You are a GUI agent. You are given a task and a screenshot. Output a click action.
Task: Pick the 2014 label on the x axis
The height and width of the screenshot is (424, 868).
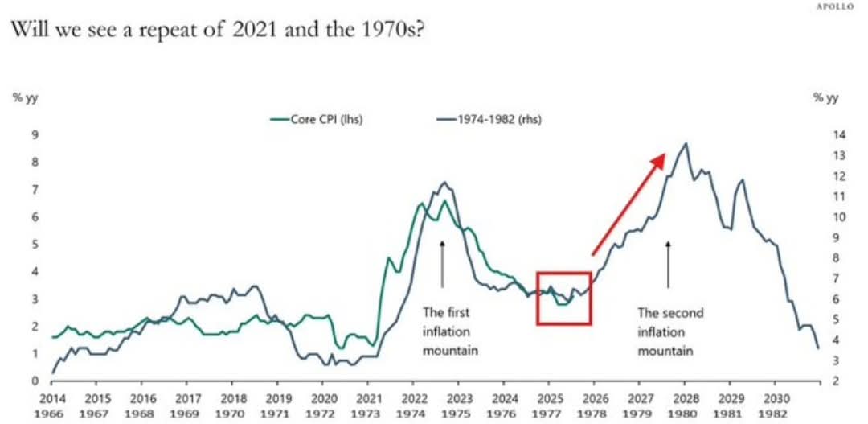tap(51, 397)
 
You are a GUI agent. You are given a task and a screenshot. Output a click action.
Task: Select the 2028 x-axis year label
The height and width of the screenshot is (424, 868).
tap(685, 397)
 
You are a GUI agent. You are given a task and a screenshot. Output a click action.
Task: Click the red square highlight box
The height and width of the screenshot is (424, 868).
tap(563, 298)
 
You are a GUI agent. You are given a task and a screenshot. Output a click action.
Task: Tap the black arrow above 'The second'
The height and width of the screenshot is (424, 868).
tap(668, 263)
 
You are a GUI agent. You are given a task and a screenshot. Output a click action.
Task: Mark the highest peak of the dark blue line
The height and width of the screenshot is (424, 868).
tap(685, 144)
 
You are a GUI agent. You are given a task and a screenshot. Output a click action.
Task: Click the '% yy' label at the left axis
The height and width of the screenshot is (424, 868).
tap(25, 97)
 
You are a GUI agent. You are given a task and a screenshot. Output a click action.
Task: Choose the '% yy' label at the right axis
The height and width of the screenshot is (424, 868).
tap(825, 97)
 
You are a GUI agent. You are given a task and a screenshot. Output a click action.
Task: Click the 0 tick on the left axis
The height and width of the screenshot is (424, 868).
tap(35, 381)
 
